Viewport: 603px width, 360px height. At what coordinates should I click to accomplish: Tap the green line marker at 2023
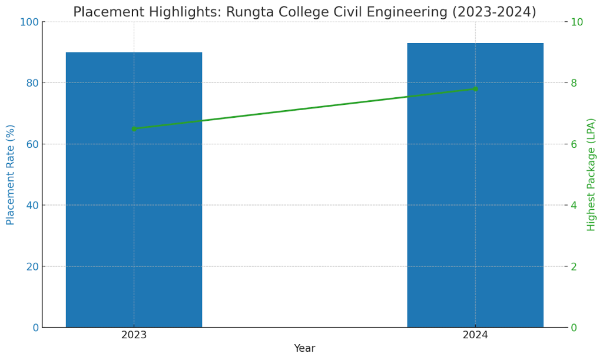coord(134,128)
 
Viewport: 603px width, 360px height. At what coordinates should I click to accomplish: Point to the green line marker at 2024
coord(475,89)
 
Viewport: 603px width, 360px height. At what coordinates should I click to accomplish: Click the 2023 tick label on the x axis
coord(134,335)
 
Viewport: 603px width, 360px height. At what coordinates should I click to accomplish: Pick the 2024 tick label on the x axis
coord(475,335)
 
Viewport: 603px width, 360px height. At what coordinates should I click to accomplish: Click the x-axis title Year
coord(304,349)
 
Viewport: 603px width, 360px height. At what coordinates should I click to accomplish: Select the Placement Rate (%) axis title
coord(11,174)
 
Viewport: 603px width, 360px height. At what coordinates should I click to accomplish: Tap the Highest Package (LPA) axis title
coord(591,174)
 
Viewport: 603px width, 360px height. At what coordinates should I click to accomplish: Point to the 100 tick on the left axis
coord(30,22)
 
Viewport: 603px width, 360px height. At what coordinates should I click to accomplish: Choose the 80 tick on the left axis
coord(32,83)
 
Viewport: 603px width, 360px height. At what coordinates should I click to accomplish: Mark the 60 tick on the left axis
coord(32,144)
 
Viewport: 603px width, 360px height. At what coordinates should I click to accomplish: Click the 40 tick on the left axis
coord(32,205)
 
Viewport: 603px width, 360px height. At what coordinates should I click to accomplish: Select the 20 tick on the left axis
coord(32,266)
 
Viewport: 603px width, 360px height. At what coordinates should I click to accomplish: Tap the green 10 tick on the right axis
coord(577,22)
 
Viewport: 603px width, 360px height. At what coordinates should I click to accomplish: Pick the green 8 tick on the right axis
coord(574,83)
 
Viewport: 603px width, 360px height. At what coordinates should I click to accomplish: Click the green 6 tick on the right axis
coord(574,144)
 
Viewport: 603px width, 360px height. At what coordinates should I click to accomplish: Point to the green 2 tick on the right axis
coord(574,266)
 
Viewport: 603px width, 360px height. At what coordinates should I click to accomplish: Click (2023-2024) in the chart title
coord(494,12)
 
